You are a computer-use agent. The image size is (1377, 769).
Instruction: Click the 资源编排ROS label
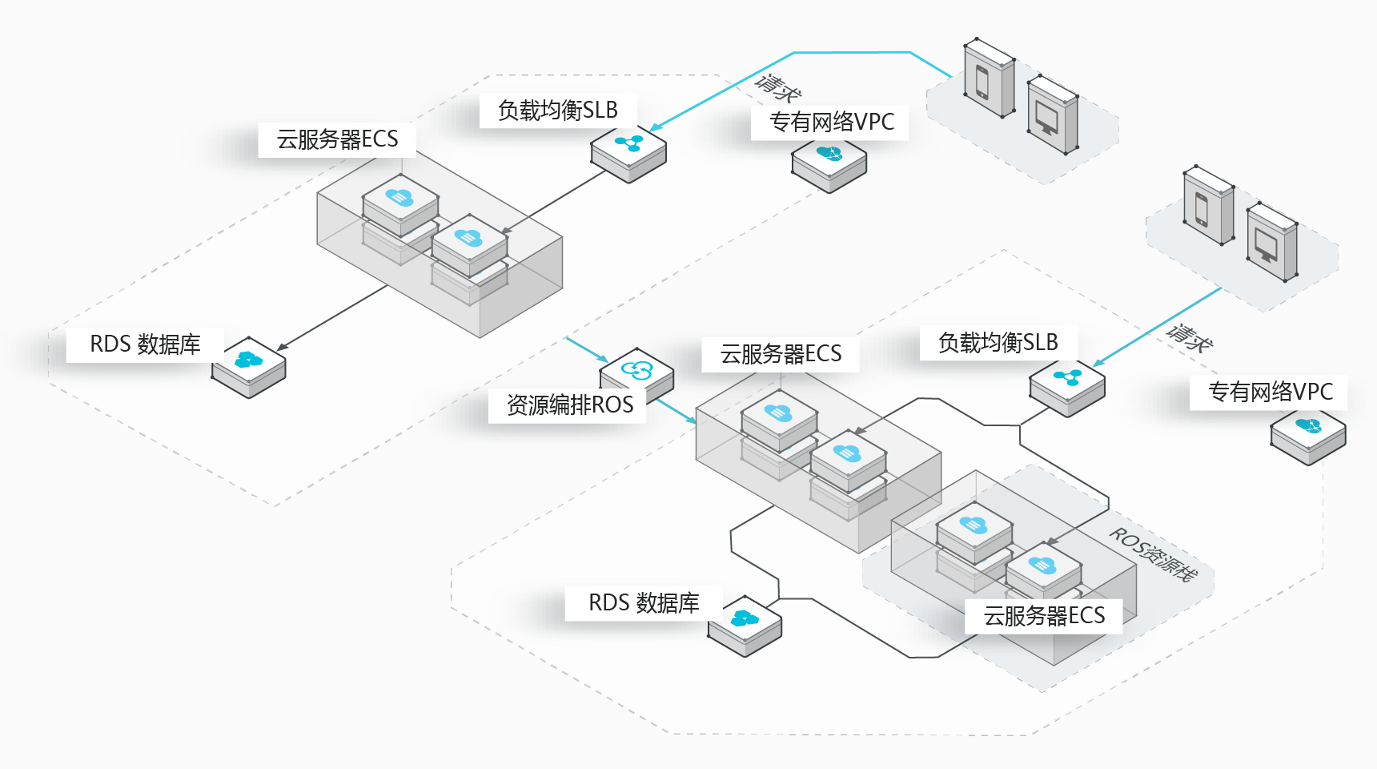tap(570, 405)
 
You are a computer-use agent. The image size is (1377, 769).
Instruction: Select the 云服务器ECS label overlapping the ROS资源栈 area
tap(1044, 615)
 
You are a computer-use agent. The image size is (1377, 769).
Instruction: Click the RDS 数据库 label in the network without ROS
tap(145, 344)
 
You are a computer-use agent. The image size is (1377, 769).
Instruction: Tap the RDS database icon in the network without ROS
tap(249, 367)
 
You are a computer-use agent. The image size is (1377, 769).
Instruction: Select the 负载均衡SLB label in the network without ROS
tap(558, 110)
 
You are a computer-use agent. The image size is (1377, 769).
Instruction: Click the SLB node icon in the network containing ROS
tap(1067, 388)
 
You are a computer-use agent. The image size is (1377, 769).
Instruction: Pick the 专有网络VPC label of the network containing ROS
tap(1271, 392)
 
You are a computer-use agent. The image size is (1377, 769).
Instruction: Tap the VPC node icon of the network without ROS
tap(829, 164)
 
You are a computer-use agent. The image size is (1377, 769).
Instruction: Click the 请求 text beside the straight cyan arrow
tap(1190, 337)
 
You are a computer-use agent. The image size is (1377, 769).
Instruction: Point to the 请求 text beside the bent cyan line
tap(777, 88)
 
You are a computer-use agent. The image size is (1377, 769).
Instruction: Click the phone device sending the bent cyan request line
tap(990, 78)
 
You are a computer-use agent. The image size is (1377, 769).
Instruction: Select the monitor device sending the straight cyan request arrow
tap(1272, 242)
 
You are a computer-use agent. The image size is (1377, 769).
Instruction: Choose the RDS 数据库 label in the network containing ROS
tap(644, 602)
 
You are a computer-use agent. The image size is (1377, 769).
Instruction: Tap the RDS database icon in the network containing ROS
tap(745, 626)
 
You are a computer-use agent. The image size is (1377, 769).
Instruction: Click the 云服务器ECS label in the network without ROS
tap(337, 139)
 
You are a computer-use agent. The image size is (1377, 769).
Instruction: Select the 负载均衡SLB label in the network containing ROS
tap(998, 342)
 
